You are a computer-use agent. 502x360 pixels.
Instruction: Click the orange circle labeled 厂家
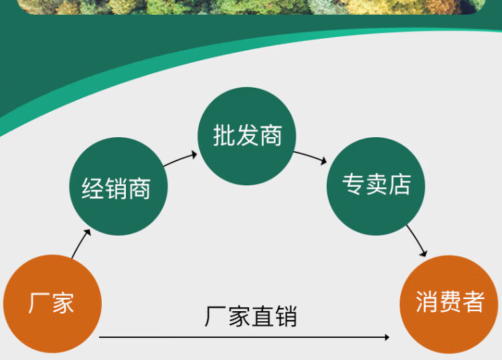[52, 304]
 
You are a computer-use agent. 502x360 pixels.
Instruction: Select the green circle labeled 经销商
[118, 187]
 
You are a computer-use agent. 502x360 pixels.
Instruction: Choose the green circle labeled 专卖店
[375, 186]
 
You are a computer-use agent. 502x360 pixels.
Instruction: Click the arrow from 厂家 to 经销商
[81, 244]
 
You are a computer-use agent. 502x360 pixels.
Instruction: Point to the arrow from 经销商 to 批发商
[181, 159]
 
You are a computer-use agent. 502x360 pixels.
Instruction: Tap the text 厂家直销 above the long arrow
[251, 317]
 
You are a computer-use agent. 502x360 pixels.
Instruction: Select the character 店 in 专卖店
[400, 185]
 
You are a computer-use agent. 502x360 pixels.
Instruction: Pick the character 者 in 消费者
[473, 302]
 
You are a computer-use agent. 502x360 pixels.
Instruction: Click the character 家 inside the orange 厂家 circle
[62, 304]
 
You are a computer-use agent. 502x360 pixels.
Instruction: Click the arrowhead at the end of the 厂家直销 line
[386, 337]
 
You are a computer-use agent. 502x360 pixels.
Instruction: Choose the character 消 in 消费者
[426, 302]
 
